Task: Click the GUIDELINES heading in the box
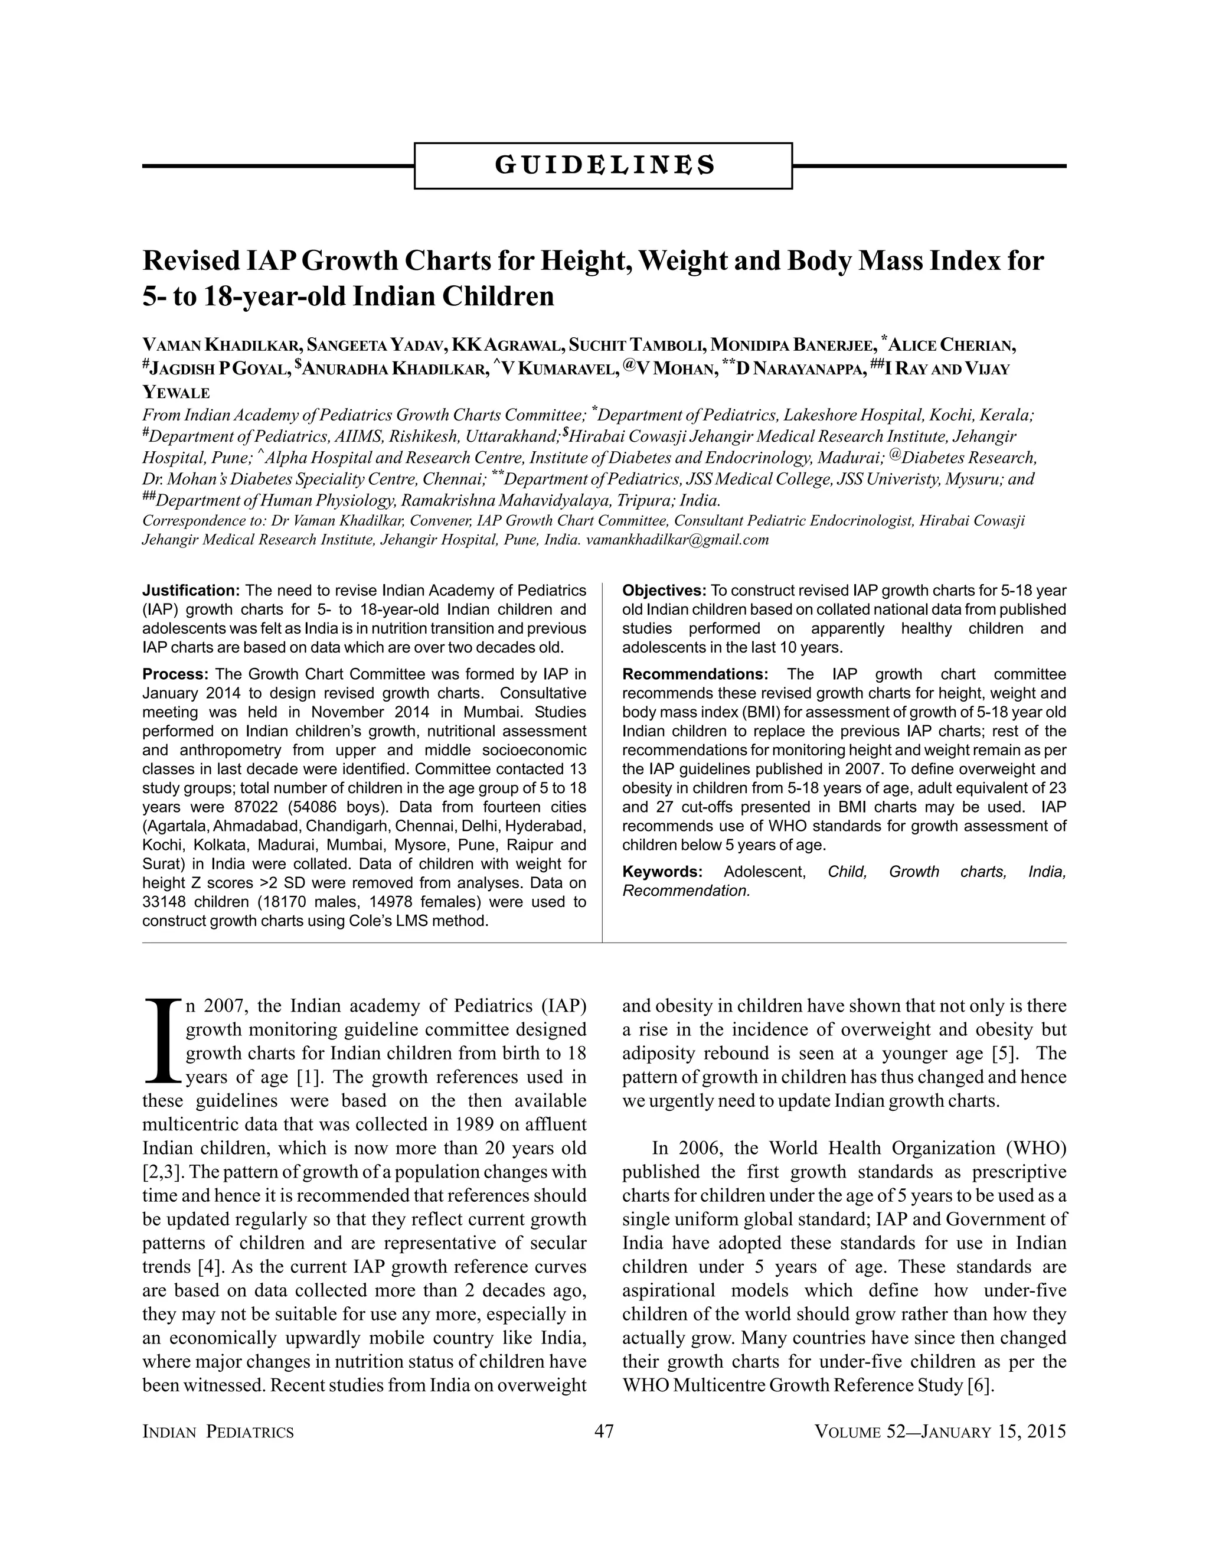pyautogui.click(x=604, y=165)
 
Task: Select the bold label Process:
pyautogui.click(x=175, y=674)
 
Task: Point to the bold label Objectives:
pyautogui.click(x=664, y=591)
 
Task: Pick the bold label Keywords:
pyautogui.click(x=662, y=872)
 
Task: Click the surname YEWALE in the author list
pyautogui.click(x=176, y=393)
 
